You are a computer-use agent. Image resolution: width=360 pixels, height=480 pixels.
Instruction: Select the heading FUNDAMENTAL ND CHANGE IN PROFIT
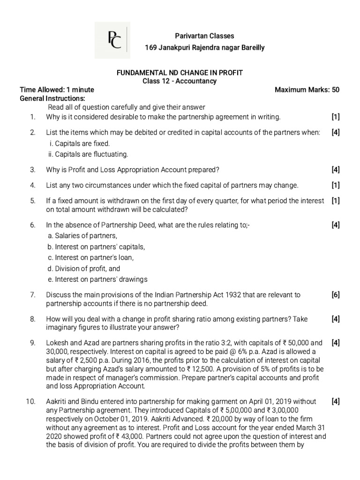(180, 73)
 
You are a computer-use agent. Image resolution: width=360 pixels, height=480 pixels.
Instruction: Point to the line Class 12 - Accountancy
(180, 81)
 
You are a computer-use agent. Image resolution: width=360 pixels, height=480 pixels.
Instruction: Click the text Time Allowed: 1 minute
(57, 90)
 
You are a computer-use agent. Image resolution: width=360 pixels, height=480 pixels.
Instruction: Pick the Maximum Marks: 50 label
(307, 90)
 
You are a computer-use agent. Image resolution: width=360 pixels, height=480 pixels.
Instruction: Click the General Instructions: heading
(52, 98)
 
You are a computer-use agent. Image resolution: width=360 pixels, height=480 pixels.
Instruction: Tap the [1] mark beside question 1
(335, 117)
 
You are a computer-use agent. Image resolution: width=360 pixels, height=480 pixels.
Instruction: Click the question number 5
(33, 201)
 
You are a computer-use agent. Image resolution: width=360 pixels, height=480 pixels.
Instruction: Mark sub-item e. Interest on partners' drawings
(97, 279)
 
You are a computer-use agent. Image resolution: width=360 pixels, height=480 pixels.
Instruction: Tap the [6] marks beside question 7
(335, 295)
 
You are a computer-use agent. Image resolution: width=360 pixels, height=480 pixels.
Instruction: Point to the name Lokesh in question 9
(57, 342)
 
